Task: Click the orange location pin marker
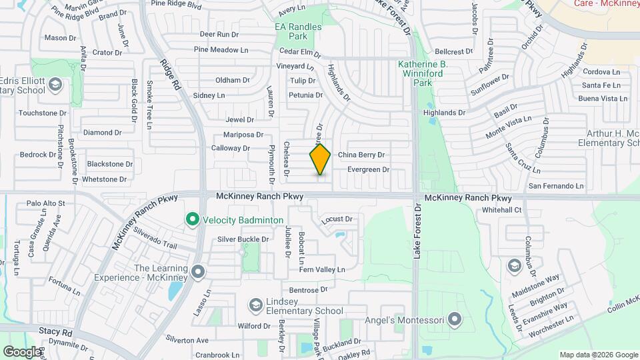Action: click(x=320, y=159)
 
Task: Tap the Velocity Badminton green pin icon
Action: click(x=193, y=219)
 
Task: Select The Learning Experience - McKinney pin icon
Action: click(x=198, y=272)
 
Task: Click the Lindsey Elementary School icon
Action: click(x=255, y=305)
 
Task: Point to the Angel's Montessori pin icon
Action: click(x=455, y=321)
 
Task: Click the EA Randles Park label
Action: click(x=299, y=31)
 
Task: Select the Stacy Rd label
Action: click(x=55, y=331)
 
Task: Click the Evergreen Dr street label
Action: click(x=368, y=170)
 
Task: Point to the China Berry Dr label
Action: click(x=362, y=155)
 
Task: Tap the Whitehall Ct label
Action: click(x=502, y=210)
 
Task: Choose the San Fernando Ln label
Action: click(x=557, y=186)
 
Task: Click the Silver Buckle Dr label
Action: click(x=243, y=239)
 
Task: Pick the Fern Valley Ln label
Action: click(x=321, y=269)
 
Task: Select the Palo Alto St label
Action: click(x=45, y=203)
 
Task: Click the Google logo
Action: click(x=22, y=351)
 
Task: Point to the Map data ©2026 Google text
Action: click(x=598, y=355)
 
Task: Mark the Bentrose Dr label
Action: click(x=309, y=290)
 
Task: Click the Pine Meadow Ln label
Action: click(x=221, y=49)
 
